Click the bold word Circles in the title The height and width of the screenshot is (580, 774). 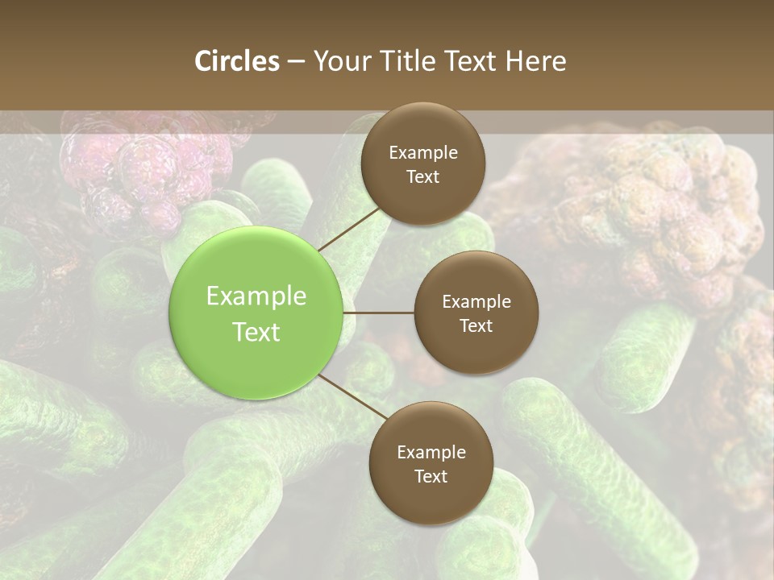click(237, 61)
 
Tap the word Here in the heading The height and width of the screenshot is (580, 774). click(536, 61)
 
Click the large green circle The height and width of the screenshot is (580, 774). click(256, 313)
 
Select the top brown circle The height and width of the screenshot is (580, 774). click(423, 164)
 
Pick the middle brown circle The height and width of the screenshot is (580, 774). click(476, 313)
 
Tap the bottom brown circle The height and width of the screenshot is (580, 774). click(431, 463)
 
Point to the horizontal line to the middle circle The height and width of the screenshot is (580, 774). click(379, 313)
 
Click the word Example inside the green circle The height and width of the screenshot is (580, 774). click(256, 296)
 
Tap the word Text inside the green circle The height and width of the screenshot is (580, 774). click(256, 332)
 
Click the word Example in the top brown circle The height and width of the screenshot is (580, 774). click(423, 152)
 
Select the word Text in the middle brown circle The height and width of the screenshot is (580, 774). click(476, 325)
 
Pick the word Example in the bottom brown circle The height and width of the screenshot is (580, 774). click(431, 452)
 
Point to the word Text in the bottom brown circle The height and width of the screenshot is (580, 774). click(431, 476)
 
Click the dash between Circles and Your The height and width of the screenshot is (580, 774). click(296, 61)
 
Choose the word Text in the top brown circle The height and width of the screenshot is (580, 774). click(423, 176)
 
